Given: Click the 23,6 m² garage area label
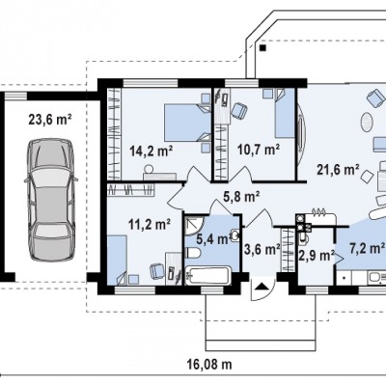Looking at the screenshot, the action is tap(50, 120).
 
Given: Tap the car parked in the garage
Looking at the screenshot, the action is tap(51, 200).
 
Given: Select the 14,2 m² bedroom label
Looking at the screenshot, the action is tap(152, 151).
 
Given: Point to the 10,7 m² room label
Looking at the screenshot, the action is tap(259, 150).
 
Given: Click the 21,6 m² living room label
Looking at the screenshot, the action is tap(338, 170).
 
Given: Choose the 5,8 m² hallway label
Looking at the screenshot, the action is tap(241, 197).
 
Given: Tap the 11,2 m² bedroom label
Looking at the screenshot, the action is tap(150, 224).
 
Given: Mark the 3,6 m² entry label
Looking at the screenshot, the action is tap(262, 249).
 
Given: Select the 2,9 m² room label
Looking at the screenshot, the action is tap(316, 256).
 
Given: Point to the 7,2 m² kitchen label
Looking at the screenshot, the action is tap(367, 248).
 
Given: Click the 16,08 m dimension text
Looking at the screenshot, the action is tap(209, 365).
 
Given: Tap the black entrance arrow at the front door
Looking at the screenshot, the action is tap(262, 286).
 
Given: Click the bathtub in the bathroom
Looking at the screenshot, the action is tap(208, 275).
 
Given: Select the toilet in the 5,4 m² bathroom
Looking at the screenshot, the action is tap(193, 253).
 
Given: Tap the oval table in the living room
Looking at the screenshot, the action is tap(366, 122).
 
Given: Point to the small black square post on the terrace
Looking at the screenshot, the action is tap(263, 48).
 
